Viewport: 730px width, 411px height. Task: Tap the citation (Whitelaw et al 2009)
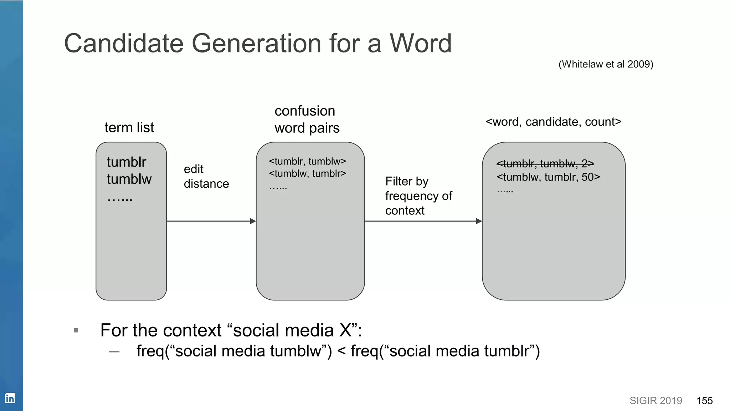click(x=606, y=64)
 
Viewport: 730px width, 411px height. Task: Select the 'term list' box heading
click(x=129, y=127)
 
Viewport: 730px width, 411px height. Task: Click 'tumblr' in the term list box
click(x=127, y=162)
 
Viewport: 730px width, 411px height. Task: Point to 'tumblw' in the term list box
click(x=129, y=179)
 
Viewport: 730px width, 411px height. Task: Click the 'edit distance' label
click(x=206, y=176)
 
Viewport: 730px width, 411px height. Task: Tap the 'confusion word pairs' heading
click(x=307, y=119)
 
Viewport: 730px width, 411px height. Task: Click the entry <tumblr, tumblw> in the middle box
click(x=307, y=161)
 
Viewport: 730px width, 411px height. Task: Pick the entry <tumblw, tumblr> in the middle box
click(x=307, y=173)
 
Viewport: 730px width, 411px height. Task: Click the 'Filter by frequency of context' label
click(x=418, y=196)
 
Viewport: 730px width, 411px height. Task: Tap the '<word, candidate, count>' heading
click(x=553, y=122)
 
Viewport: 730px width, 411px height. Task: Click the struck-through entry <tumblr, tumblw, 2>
click(x=545, y=164)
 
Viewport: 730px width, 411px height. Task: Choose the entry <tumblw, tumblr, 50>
click(x=548, y=177)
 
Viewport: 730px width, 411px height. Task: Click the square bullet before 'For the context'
click(x=76, y=330)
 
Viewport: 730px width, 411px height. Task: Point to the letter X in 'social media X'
click(x=345, y=330)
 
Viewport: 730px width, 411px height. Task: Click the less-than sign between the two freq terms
click(x=341, y=351)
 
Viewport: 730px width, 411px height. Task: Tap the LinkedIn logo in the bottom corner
click(x=10, y=398)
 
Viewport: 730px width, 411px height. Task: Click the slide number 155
click(x=704, y=401)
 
